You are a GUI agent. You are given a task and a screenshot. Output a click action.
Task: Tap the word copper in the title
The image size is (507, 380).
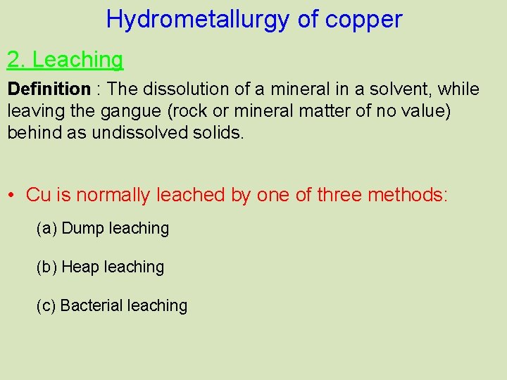tap(363, 19)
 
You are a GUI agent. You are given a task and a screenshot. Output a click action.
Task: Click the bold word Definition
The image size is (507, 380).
tap(49, 89)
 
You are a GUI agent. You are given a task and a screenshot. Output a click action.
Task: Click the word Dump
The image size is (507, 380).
tap(82, 229)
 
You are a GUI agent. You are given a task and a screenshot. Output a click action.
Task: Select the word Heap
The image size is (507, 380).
tap(80, 267)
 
